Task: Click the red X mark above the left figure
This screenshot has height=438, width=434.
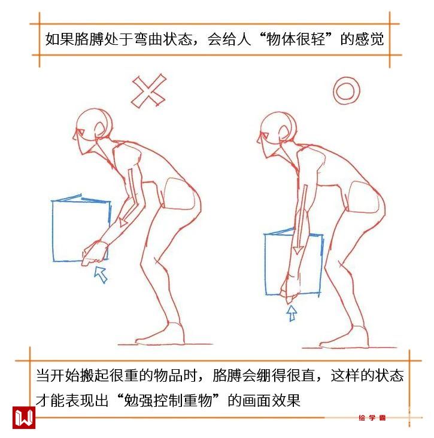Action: pyautogui.click(x=148, y=91)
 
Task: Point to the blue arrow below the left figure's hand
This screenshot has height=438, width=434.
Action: pyautogui.click(x=101, y=275)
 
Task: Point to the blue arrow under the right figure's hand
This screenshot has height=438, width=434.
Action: pyautogui.click(x=292, y=313)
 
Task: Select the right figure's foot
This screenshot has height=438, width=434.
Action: pyautogui.click(x=346, y=338)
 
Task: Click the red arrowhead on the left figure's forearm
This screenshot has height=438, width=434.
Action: pyautogui.click(x=123, y=222)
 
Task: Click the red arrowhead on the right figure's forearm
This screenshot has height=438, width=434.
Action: pyautogui.click(x=298, y=250)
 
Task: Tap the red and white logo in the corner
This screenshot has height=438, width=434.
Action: pyautogui.click(x=24, y=417)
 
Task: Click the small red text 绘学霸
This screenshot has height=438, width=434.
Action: pyautogui.click(x=372, y=418)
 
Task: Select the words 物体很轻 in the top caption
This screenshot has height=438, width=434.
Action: pyautogui.click(x=296, y=39)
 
